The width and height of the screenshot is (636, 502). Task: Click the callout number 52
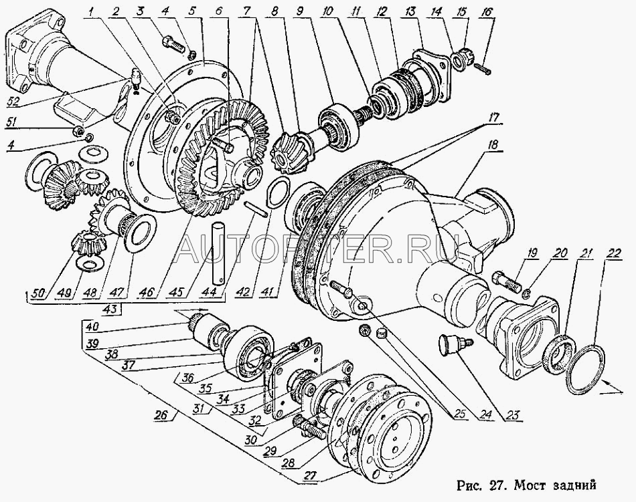pos(14,103)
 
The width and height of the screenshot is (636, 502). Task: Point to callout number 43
pos(114,309)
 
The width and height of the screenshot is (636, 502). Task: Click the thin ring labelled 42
pos(277,193)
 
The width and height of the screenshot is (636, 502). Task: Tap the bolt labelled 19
pos(505,282)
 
